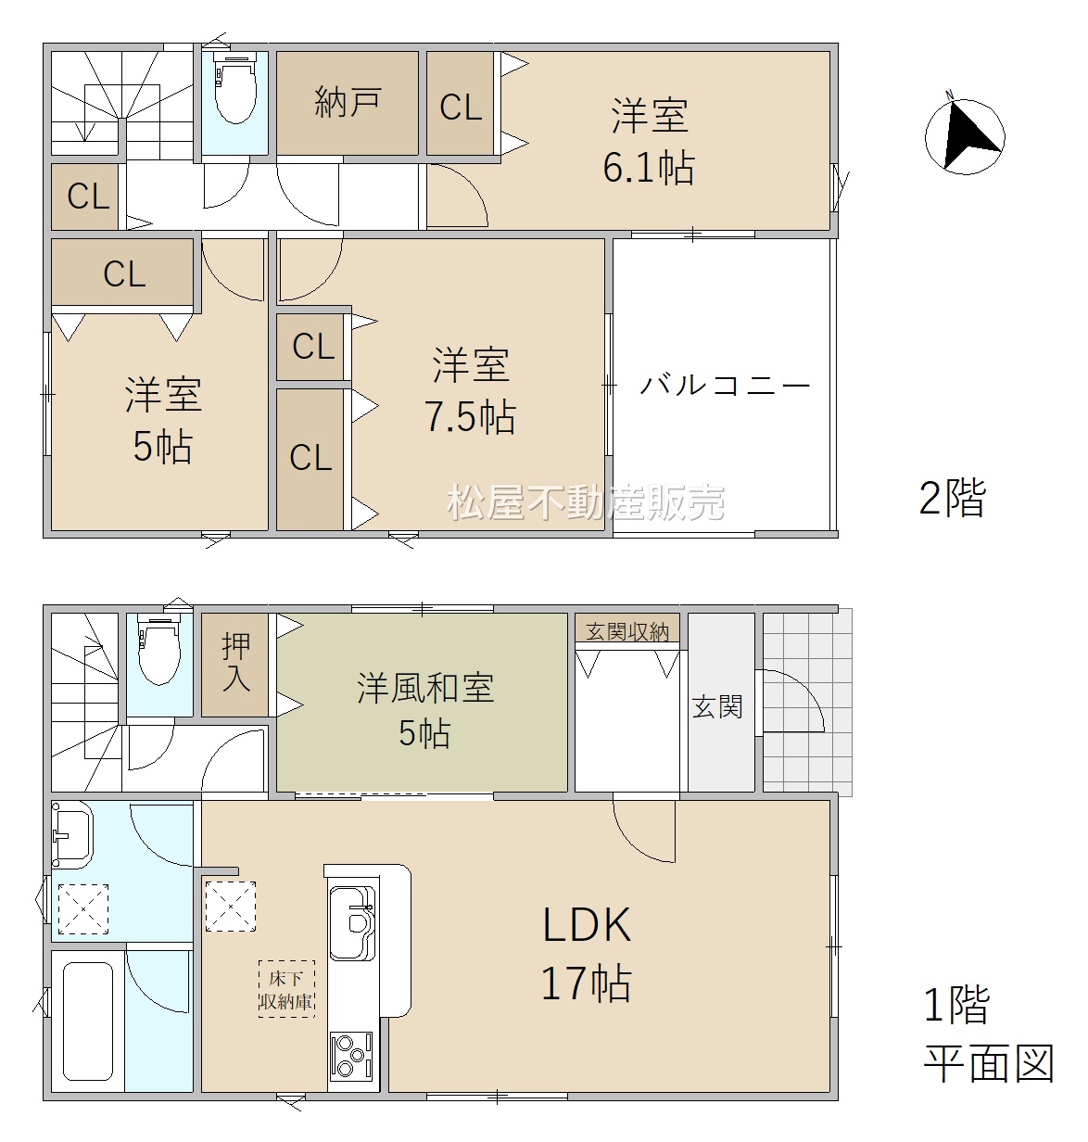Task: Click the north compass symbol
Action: click(x=964, y=136)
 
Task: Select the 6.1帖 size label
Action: click(x=649, y=167)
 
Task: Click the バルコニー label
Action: click(x=725, y=385)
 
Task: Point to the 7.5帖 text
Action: click(x=471, y=416)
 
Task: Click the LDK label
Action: click(x=587, y=924)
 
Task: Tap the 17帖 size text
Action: click(x=586, y=983)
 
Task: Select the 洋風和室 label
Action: click(x=425, y=688)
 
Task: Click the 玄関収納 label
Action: click(x=627, y=632)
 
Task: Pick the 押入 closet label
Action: click(x=235, y=662)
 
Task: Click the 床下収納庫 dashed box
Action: click(x=286, y=989)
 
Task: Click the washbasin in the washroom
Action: click(x=71, y=836)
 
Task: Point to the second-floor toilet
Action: click(x=235, y=88)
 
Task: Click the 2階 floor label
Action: click(x=953, y=498)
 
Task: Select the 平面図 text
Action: click(x=989, y=1063)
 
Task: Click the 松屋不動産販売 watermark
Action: click(x=586, y=502)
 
